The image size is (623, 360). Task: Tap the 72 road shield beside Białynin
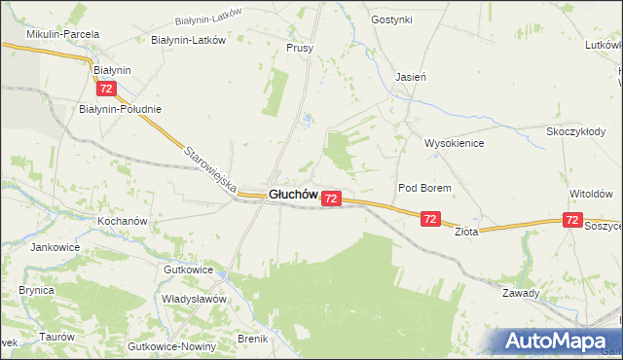point(107,89)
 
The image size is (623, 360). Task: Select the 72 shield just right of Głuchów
point(331,198)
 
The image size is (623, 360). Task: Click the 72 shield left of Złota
point(430,220)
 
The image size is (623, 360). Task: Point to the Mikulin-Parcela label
point(63,34)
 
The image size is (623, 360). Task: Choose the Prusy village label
point(299,47)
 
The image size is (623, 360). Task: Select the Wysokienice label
point(454,142)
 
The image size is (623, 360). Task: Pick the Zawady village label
point(521,292)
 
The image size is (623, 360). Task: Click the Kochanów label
point(122,221)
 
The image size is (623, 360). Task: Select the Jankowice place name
point(55,247)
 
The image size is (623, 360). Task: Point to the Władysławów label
point(194,299)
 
